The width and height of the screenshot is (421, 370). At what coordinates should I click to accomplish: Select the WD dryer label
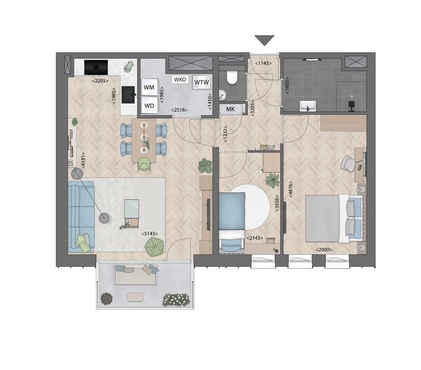pos(149,105)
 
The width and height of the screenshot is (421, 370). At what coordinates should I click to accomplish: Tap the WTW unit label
pos(202,82)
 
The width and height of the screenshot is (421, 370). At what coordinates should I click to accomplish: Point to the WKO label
pos(180,79)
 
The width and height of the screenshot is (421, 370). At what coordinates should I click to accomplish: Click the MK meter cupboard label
pos(230,109)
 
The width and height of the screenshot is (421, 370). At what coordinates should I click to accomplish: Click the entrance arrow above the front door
pos(264,40)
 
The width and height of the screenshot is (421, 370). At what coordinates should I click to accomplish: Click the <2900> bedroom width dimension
pos(325,250)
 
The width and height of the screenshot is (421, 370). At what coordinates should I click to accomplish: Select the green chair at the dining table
pos(144,166)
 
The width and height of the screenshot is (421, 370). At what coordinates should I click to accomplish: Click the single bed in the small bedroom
pos(232,220)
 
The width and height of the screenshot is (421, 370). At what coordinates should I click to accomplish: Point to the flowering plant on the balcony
pos(176,299)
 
